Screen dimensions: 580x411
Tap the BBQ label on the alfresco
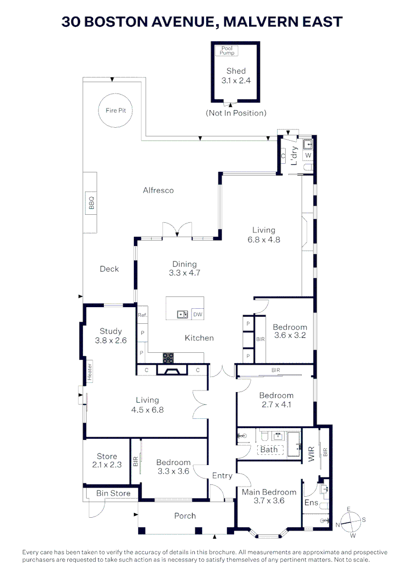[x=91, y=203]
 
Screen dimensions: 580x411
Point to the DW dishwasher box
[x=197, y=315]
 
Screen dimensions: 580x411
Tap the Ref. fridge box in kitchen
[x=143, y=315]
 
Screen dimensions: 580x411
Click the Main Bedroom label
[x=268, y=492]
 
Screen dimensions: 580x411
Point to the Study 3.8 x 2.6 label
[x=110, y=336]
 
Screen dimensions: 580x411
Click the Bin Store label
[x=113, y=493]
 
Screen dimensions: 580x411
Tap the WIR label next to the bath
[x=311, y=454]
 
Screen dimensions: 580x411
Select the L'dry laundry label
[x=294, y=155]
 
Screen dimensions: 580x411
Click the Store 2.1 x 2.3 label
[x=107, y=460]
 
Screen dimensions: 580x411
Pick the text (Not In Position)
[x=236, y=113]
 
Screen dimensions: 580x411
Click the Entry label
[x=222, y=475]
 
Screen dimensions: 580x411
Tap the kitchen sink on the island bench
[x=182, y=315]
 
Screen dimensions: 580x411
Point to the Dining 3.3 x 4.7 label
[x=185, y=269]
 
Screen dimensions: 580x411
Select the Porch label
[x=185, y=516]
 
